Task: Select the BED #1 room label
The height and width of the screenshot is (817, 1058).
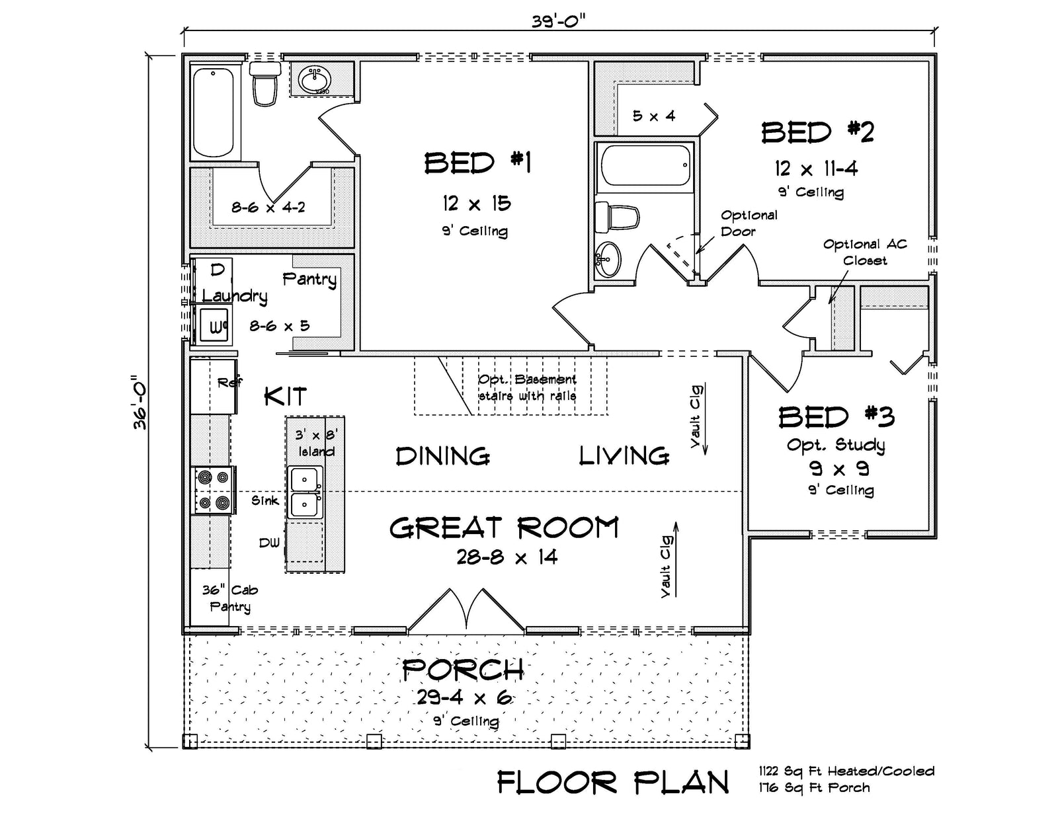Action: pos(477,163)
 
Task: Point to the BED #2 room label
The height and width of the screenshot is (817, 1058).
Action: pos(817,132)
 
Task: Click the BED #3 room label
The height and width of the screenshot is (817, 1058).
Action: pos(836,417)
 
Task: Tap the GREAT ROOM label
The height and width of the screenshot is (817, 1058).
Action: pos(504,528)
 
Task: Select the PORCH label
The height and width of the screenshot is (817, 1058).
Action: pos(463,670)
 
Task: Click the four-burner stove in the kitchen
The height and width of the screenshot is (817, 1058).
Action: pos(214,490)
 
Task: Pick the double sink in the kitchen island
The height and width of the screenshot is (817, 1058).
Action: pos(305,493)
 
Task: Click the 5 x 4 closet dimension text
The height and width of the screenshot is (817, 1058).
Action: pos(653,116)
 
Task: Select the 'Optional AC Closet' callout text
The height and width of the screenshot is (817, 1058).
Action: pos(864,252)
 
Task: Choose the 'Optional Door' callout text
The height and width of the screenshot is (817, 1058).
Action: pos(748,223)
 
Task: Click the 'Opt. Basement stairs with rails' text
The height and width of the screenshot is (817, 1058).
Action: pos(527,387)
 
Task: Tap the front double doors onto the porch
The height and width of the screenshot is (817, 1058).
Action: pos(467,609)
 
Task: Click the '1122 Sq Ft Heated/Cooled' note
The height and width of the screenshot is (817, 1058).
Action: pos(846,771)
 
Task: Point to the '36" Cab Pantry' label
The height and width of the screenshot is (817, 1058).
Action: pos(229,598)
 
